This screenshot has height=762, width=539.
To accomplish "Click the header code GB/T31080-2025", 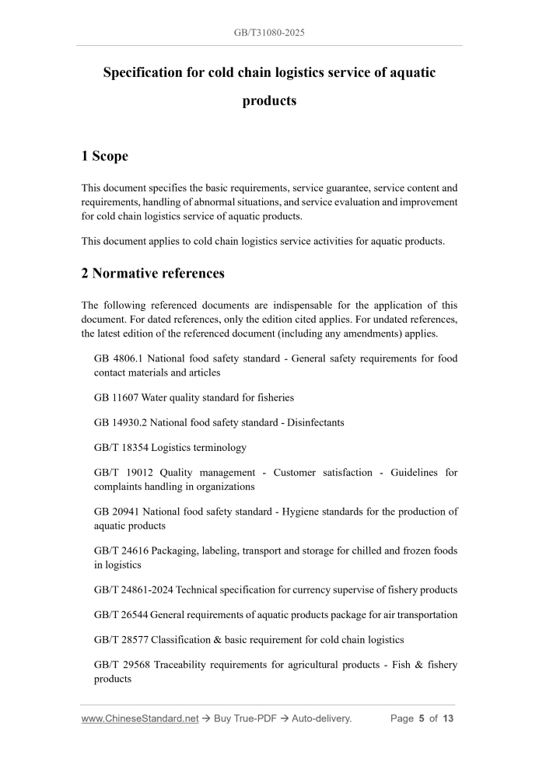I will (269, 34).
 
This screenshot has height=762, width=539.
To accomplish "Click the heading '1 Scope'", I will (105, 156).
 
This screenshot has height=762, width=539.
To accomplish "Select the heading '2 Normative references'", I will (152, 273).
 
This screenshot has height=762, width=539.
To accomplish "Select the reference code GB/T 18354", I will (121, 447).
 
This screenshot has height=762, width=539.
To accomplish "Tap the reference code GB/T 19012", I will (121, 472).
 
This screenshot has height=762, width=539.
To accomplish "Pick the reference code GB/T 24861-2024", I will (135, 589).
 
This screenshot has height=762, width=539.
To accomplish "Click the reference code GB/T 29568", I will (121, 665).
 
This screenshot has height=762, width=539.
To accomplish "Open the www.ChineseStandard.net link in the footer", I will (140, 718).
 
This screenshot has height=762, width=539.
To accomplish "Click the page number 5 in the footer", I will (421, 718).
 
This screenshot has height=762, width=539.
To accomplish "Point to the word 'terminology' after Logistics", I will (217, 447).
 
